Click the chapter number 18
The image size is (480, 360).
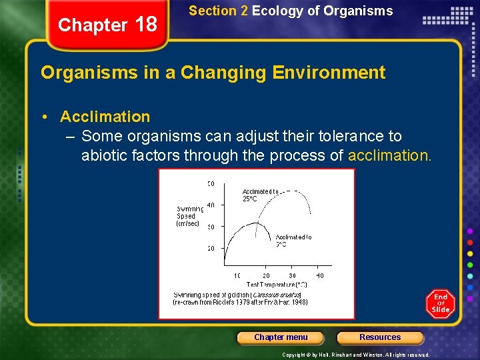coord(145,25)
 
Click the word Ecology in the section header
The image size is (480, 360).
coord(273,11)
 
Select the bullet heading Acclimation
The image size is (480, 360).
coord(105,117)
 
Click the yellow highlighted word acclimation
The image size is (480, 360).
coord(390,156)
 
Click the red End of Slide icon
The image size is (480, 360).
coord(441,303)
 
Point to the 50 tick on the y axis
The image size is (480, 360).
coord(211,183)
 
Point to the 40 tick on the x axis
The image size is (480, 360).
coord(319,275)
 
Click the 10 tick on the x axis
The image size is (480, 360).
coord(237,275)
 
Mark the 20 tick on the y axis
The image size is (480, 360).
coord(211,249)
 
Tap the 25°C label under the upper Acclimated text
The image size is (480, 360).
coord(250,199)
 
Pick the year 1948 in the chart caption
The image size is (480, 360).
coord(299,302)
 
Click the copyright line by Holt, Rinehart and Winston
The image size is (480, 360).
coord(356,355)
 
